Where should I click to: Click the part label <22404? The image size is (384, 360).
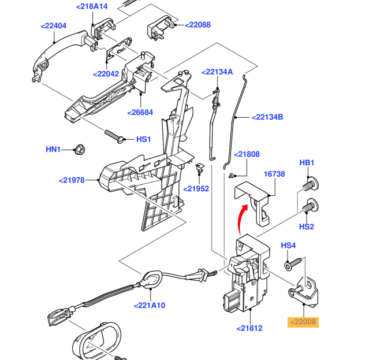(54, 26)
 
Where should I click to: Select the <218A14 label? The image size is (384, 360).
(92, 6)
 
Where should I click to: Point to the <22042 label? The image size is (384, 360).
(106, 74)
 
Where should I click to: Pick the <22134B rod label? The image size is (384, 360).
(267, 117)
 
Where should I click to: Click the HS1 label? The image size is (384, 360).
(143, 139)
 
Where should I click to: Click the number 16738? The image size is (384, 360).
(274, 173)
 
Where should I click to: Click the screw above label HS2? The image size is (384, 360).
(310, 205)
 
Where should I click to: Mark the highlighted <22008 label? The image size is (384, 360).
(303, 322)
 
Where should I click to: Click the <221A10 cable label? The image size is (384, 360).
(149, 305)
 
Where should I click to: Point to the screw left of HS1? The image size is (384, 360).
(117, 136)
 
